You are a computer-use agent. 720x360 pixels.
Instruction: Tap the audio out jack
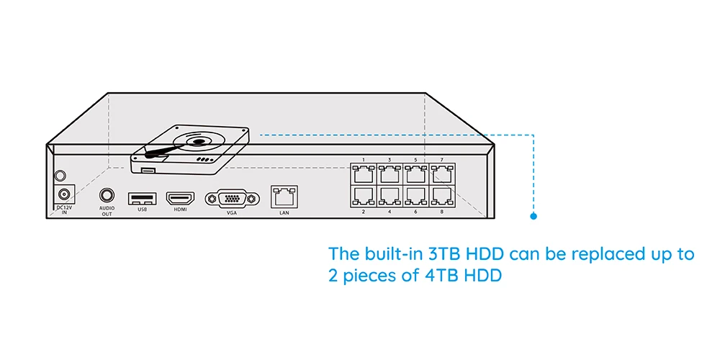pos(107,196)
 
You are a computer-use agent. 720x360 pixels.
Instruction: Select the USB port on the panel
pos(141,197)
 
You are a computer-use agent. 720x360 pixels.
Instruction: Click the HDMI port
pos(180,197)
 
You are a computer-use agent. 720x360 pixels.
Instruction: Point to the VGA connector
pos(231,199)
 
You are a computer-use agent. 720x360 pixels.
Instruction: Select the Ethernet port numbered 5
pos(415,174)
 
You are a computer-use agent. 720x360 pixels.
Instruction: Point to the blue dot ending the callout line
pos(534,215)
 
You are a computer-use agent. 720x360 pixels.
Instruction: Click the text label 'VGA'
pos(231,213)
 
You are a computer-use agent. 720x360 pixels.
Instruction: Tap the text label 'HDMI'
pos(180,210)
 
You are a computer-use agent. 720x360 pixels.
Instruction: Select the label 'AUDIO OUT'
pos(107,211)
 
